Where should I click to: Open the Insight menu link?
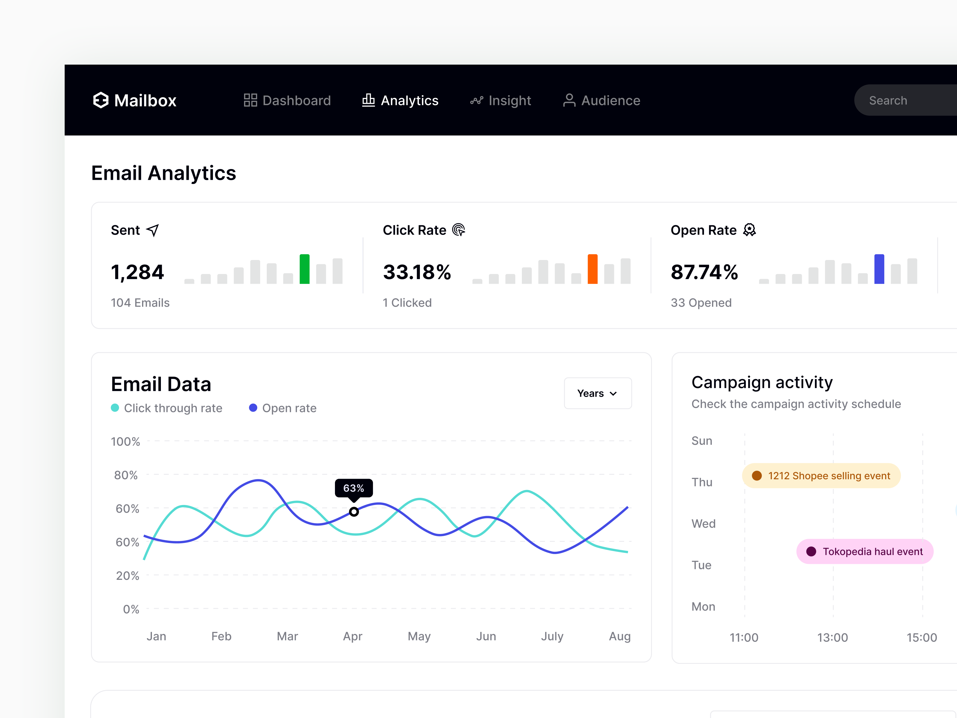coord(501,101)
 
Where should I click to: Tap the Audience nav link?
coord(601,101)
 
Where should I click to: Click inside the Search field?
coord(904,101)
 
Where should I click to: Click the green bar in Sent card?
coord(304,269)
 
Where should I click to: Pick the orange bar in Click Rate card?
coord(592,269)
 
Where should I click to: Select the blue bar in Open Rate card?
coord(879,269)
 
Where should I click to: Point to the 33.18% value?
coord(417,272)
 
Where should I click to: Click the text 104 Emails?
coord(140,302)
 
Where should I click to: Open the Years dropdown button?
coord(598,393)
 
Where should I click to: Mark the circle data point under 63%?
coord(354,512)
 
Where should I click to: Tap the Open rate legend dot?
coord(253,408)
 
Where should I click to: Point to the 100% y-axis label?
coord(126,442)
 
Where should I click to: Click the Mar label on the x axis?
coord(287,636)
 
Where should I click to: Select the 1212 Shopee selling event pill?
coord(821,476)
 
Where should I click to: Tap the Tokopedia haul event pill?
coord(864,551)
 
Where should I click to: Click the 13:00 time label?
coord(832,638)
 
